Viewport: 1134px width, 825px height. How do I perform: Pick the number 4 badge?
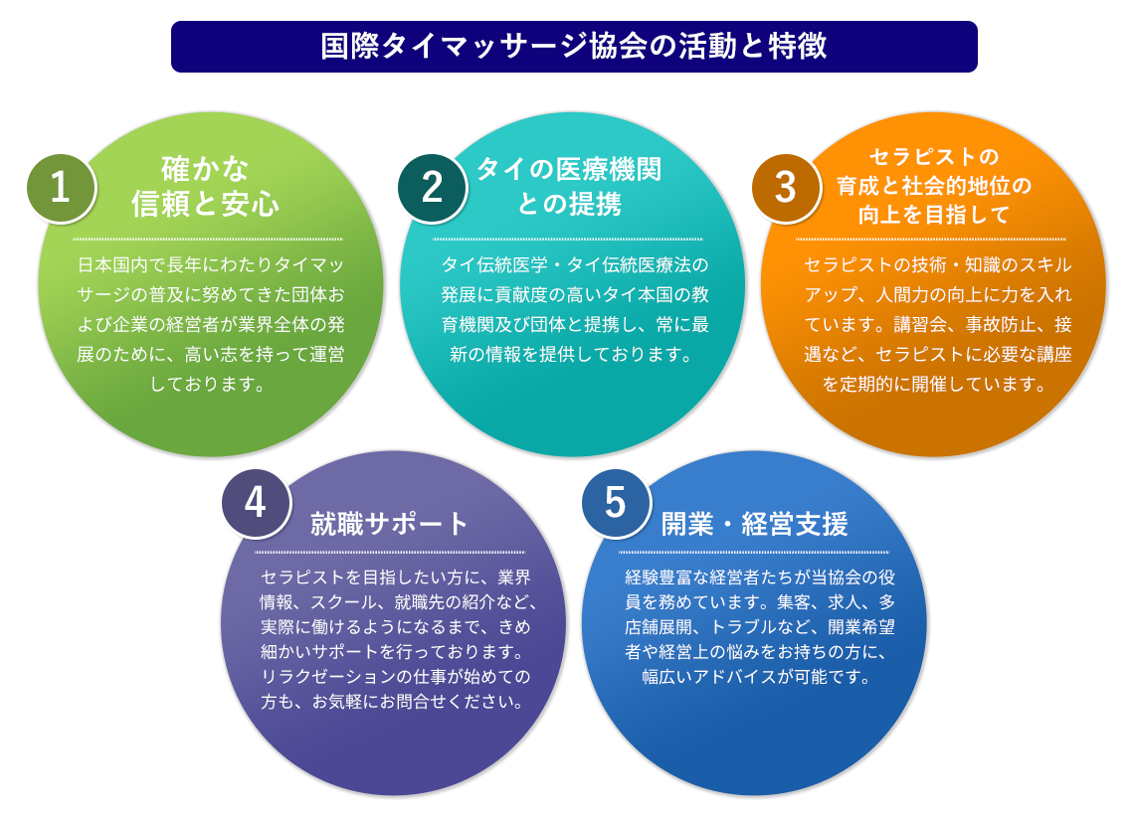255,503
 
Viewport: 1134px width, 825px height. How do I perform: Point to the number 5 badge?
616,503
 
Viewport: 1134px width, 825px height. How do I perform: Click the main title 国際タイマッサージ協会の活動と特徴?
574,47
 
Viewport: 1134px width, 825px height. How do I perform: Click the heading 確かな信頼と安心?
206,186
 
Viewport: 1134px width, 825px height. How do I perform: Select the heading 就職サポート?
389,524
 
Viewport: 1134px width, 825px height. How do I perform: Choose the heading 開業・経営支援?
754,524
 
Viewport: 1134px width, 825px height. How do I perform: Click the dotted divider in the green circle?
208,239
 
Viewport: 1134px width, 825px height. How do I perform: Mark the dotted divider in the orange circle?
931,239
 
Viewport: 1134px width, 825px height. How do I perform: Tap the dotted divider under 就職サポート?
390,553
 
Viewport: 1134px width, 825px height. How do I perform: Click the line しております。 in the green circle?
208,384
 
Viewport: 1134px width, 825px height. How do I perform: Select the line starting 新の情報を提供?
568,354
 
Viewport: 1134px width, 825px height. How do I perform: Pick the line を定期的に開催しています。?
933,384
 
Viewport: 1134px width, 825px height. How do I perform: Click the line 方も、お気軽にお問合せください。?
393,702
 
